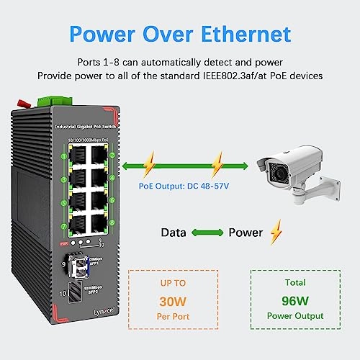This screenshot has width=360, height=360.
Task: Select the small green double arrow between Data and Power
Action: [x=207, y=233]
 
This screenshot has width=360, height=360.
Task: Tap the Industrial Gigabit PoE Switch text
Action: [x=86, y=127]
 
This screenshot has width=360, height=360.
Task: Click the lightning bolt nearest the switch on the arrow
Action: [x=149, y=167]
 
